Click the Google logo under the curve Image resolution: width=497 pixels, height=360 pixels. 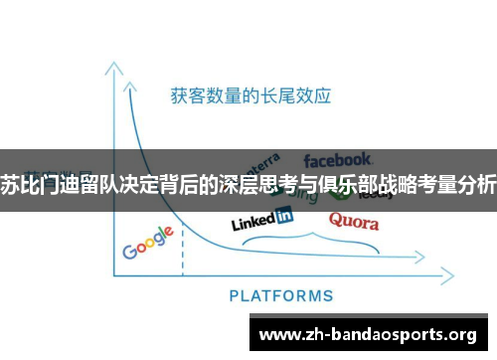[x=148, y=242]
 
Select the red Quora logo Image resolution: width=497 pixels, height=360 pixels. [x=353, y=221]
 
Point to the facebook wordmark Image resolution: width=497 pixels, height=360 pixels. [x=338, y=159]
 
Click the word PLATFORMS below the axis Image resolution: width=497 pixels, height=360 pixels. [x=281, y=294]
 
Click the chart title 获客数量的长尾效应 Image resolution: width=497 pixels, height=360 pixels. [x=249, y=96]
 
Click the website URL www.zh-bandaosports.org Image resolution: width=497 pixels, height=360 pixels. [x=367, y=333]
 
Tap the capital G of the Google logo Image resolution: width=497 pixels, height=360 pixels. [x=129, y=249]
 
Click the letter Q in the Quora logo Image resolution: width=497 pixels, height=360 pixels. [x=336, y=221]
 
